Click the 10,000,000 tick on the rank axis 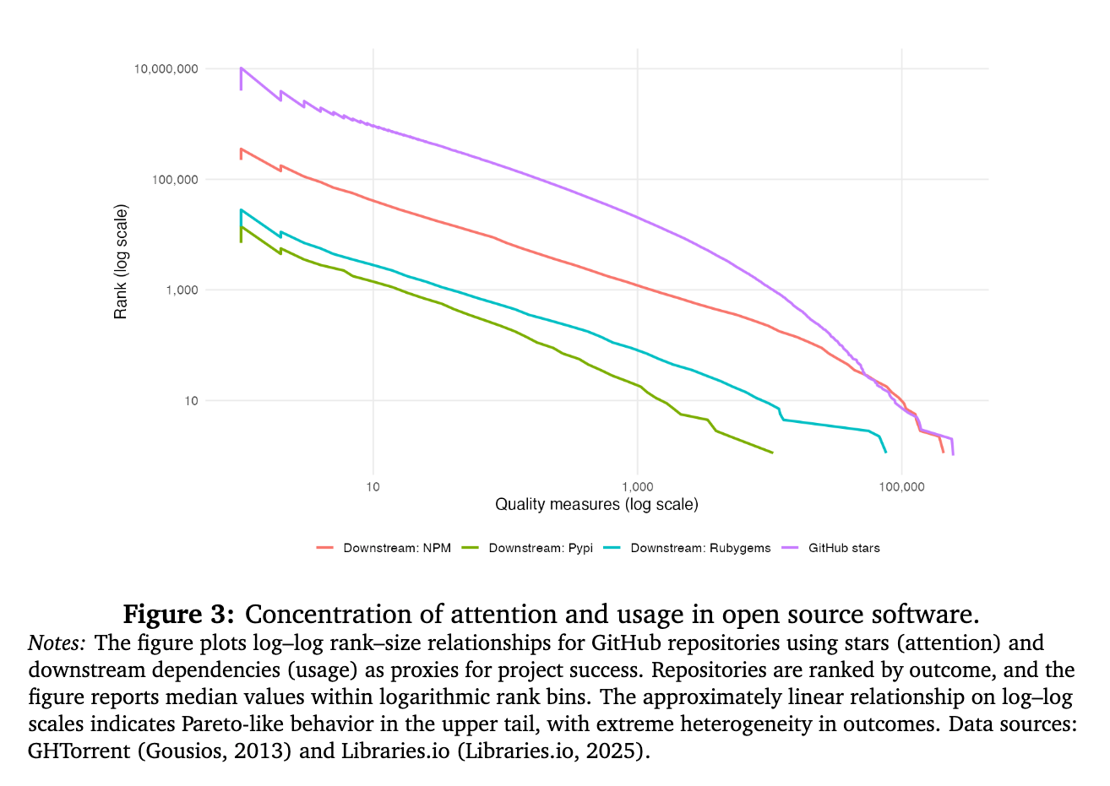(166, 69)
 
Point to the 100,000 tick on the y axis (173, 180)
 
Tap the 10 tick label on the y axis (191, 401)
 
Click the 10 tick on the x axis (373, 486)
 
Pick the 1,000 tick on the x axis (637, 486)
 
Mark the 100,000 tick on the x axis (901, 486)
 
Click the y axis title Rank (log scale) (121, 262)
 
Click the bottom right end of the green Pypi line (772, 453)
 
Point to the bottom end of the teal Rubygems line (885, 453)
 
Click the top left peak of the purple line (242, 68)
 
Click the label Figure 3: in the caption (178, 614)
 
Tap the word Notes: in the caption (57, 643)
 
